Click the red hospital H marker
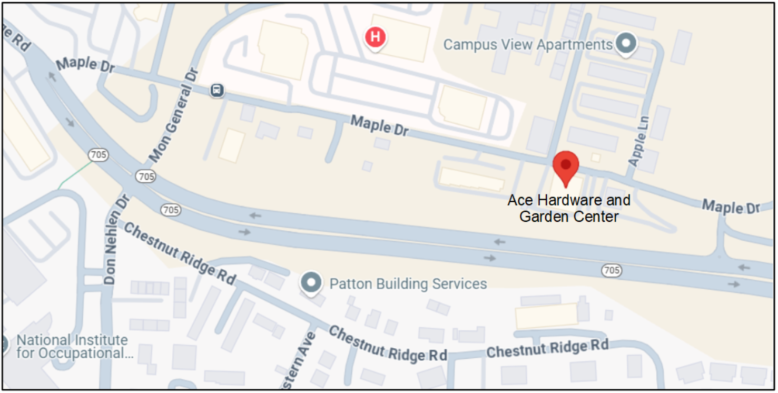click(375, 37)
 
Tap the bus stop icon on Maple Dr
click(216, 91)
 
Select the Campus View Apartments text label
click(528, 45)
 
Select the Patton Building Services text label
click(408, 284)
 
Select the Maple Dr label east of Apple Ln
click(731, 206)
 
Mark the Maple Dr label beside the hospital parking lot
click(379, 126)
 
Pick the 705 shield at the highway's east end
click(611, 271)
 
